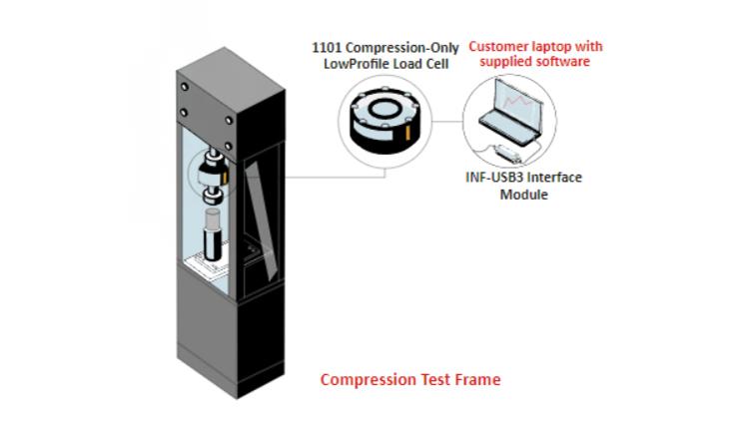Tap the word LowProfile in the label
tap(353, 64)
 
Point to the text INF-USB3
tap(489, 178)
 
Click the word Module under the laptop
tap(523, 195)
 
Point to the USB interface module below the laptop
tap(508, 153)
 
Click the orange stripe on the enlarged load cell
tap(407, 134)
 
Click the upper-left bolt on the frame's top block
tap(185, 87)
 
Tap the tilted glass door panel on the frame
tap(261, 220)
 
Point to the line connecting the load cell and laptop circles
tap(447, 121)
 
